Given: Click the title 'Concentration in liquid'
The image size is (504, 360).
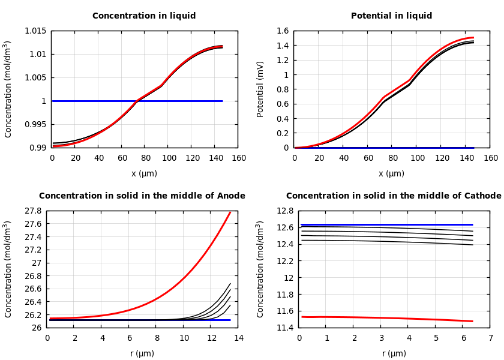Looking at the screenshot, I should pyautogui.click(x=144, y=16).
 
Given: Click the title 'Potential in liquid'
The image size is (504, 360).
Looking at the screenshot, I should pyautogui.click(x=391, y=16).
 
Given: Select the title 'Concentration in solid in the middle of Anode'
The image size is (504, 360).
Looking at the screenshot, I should pyautogui.click(x=142, y=196).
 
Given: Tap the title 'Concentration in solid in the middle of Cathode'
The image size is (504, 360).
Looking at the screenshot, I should pyautogui.click(x=394, y=196).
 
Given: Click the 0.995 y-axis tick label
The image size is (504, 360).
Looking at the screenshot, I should pyautogui.click(x=35, y=125).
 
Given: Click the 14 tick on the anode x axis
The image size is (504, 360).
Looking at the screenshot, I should pyautogui.click(x=238, y=338).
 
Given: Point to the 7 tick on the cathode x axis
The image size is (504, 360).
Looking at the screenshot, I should pyautogui.click(x=490, y=338).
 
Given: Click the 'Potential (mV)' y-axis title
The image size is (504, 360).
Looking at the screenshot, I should pyautogui.click(x=260, y=89).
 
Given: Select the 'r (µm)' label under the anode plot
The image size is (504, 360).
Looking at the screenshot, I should pyautogui.click(x=142, y=353).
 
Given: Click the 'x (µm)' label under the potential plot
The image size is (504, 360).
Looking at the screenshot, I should pyautogui.click(x=391, y=173).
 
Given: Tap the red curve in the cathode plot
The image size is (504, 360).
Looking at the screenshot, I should pyautogui.click(x=384, y=318).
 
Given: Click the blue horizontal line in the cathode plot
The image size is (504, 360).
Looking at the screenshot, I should pyautogui.click(x=384, y=224).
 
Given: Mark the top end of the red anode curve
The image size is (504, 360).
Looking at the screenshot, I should pyautogui.click(x=230, y=212).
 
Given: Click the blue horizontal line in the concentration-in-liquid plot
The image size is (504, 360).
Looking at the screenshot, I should pyautogui.click(x=138, y=101).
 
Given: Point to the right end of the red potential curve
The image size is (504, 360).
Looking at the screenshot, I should pyautogui.click(x=473, y=38).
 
